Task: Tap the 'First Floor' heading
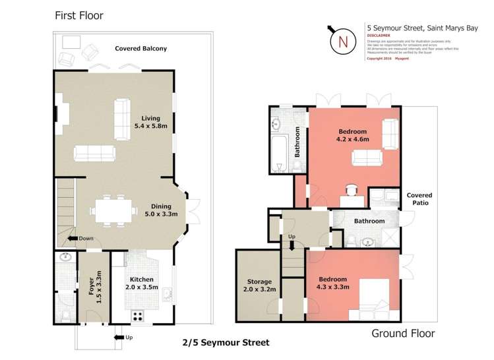78,15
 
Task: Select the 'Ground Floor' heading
403,333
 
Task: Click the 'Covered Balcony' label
140,48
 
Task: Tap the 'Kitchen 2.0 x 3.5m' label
141,283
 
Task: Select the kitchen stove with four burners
139,315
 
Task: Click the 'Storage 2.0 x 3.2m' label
259,285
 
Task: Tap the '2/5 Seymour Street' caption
226,343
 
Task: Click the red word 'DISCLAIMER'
379,36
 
